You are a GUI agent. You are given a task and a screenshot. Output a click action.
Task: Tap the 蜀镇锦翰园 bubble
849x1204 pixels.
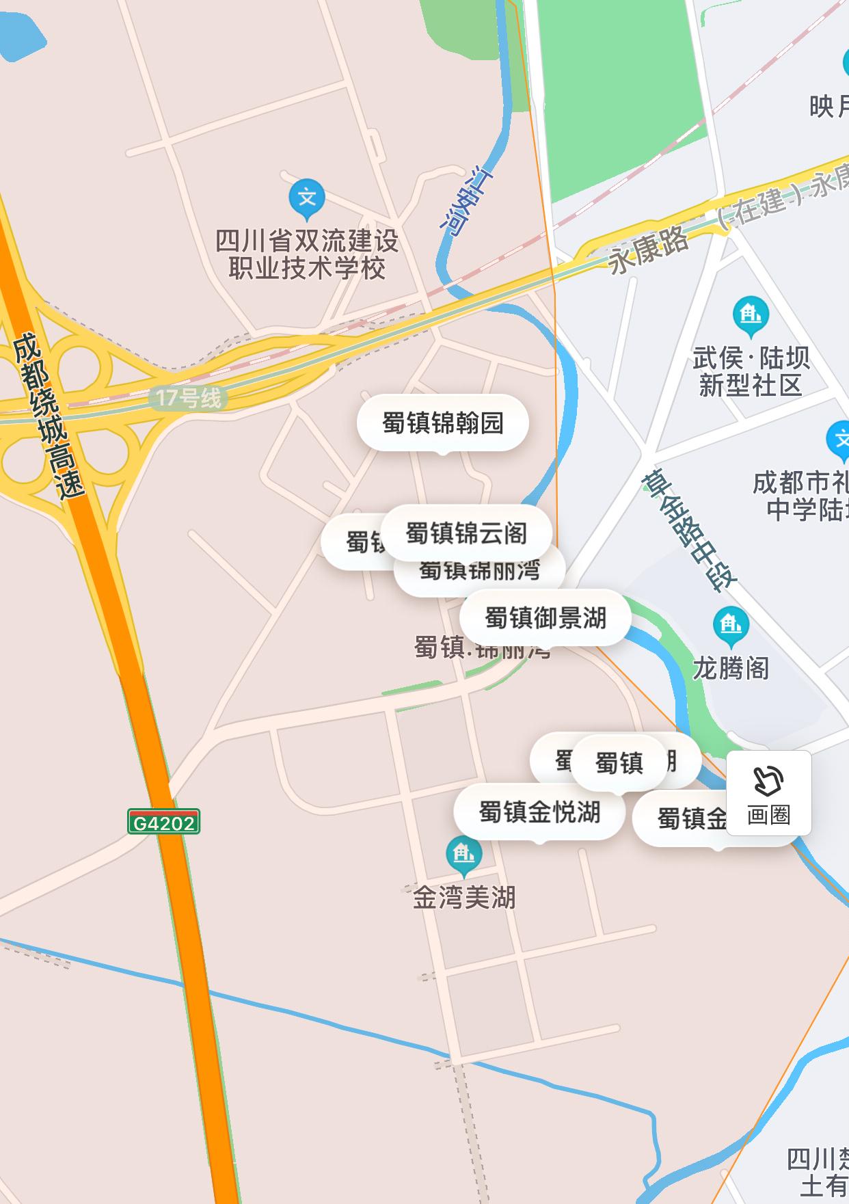point(442,423)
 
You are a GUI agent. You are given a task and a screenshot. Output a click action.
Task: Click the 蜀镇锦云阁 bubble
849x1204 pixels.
point(466,533)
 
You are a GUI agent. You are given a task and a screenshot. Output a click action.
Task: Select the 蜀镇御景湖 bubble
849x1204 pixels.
point(545,617)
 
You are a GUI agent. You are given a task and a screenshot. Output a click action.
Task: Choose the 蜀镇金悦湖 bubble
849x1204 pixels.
point(539,812)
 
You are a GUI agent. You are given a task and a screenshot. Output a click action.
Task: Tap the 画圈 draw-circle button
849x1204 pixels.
point(768,793)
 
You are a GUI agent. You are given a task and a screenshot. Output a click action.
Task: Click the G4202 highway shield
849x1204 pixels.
point(163,822)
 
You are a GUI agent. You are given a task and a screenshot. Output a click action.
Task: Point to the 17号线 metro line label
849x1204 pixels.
point(188,398)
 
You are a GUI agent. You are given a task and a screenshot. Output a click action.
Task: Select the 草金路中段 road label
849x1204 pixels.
point(688,530)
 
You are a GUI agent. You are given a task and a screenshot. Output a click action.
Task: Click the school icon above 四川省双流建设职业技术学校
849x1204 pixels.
point(307,198)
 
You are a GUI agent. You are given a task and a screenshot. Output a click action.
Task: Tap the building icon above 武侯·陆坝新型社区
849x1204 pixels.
point(751,315)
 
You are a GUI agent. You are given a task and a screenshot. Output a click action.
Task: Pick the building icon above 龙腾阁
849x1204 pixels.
point(731,625)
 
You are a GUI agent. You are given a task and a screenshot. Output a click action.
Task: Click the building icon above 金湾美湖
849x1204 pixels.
point(463,855)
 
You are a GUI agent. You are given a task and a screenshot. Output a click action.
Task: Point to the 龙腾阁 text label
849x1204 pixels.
point(731,668)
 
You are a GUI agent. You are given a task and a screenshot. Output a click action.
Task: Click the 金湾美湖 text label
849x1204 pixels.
point(464,897)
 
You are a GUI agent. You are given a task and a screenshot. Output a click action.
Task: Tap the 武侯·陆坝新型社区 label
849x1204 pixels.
point(751,371)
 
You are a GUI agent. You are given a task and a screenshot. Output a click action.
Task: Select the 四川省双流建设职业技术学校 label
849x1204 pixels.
point(307,254)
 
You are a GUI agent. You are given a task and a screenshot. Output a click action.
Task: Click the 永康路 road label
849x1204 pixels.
point(648,250)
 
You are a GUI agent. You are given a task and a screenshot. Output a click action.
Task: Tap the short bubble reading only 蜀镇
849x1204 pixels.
point(619,762)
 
